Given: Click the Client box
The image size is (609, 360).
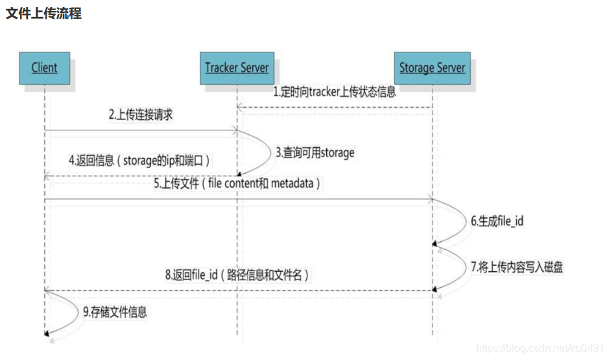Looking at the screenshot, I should (44, 67).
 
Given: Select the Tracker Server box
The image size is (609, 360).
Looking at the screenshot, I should (236, 67).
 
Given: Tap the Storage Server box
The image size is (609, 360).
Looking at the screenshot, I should (432, 67).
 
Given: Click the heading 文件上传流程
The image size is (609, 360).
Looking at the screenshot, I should (43, 14).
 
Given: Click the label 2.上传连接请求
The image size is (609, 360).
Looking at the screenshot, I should (141, 115).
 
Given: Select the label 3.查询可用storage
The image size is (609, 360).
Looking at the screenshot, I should (315, 153).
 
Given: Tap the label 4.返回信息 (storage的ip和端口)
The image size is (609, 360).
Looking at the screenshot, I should (140, 160).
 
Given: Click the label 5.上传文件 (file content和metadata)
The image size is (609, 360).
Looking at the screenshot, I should (237, 184).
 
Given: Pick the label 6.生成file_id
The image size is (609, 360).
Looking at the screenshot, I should (497, 221).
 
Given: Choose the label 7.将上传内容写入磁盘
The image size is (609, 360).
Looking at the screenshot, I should (513, 267).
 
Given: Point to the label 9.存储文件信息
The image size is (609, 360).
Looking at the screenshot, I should (115, 312).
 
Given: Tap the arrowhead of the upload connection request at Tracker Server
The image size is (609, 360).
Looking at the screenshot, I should (234, 131).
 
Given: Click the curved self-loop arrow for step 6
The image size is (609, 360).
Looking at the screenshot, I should (456, 221).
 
